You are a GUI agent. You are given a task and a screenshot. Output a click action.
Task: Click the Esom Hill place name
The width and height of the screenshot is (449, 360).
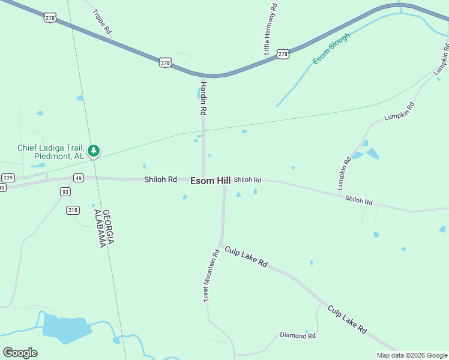(211, 180)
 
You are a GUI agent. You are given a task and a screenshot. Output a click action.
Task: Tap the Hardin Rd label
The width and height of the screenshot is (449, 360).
(203, 98)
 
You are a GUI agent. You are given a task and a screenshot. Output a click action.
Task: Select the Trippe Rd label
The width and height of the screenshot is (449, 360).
(102, 21)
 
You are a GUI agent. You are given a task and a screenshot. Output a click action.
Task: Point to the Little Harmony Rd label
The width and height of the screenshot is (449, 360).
(271, 29)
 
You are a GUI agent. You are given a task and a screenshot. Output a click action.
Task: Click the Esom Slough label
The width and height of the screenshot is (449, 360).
(331, 49)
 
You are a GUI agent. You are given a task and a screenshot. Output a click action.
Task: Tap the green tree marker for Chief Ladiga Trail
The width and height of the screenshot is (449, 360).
(93, 151)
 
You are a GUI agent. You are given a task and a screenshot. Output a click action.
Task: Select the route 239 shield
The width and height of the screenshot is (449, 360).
(8, 177)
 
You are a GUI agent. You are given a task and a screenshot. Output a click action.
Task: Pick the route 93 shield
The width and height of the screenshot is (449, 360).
(65, 191)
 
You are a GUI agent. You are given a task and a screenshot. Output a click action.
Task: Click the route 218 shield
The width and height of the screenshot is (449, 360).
(73, 210)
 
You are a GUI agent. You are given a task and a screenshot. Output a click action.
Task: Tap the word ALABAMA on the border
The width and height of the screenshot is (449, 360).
(98, 228)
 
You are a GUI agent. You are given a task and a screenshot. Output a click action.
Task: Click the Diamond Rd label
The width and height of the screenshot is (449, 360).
(298, 335)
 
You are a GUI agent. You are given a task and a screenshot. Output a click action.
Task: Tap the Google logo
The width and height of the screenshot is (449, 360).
(20, 352)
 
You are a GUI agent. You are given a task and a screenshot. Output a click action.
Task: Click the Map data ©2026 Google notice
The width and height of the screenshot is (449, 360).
(412, 355)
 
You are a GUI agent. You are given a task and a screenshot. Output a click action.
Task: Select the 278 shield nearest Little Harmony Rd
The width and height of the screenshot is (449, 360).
(283, 54)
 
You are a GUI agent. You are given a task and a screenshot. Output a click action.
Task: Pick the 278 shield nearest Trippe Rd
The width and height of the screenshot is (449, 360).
(50, 17)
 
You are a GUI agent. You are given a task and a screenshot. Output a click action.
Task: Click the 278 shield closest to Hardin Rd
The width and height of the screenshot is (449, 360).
(165, 62)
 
